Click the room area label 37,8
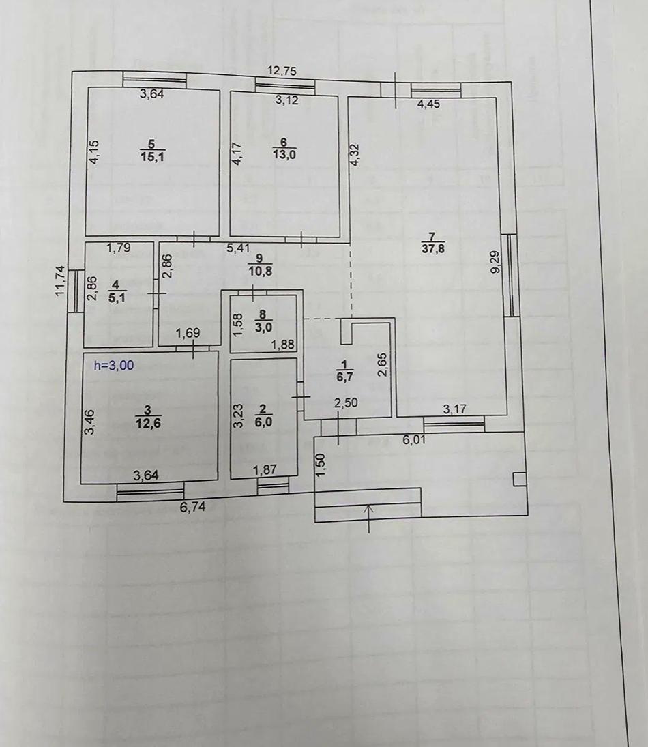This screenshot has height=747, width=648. coord(433,248)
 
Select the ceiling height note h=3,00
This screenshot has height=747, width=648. coord(114,365)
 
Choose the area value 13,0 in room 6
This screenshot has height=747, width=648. coord(283,154)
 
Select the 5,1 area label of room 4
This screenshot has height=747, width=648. coord(117,297)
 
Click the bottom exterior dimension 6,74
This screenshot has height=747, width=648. coord(192,506)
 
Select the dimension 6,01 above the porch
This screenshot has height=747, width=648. coord(414,440)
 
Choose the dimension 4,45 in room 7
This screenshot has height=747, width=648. coord(429,104)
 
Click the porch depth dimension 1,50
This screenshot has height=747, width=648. coord(322,466)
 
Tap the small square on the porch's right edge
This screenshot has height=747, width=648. coord(520,479)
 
